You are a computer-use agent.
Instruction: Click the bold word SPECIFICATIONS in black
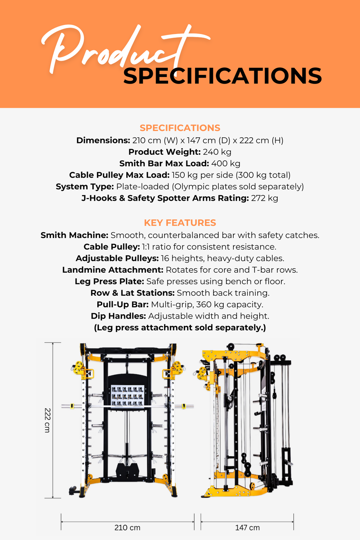[222, 76]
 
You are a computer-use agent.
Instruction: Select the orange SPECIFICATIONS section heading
[180, 128]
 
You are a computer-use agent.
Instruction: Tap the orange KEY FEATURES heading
[180, 223]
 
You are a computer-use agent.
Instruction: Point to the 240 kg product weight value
[217, 152]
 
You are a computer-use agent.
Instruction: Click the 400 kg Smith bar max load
[226, 164]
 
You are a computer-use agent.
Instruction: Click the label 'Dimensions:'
[103, 140]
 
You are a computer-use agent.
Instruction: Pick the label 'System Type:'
[85, 187]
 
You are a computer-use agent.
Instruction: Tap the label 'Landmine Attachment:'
[113, 270]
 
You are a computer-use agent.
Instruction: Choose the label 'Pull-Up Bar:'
[123, 305]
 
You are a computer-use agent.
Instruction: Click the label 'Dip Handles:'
[118, 316]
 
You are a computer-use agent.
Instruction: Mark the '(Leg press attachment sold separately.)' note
[180, 328]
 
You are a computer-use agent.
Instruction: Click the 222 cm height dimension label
[47, 420]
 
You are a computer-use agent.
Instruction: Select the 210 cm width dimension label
[127, 528]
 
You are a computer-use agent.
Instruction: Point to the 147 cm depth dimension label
[247, 528]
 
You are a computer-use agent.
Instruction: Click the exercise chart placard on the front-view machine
[127, 395]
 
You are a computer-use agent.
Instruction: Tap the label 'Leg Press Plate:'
[109, 282]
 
